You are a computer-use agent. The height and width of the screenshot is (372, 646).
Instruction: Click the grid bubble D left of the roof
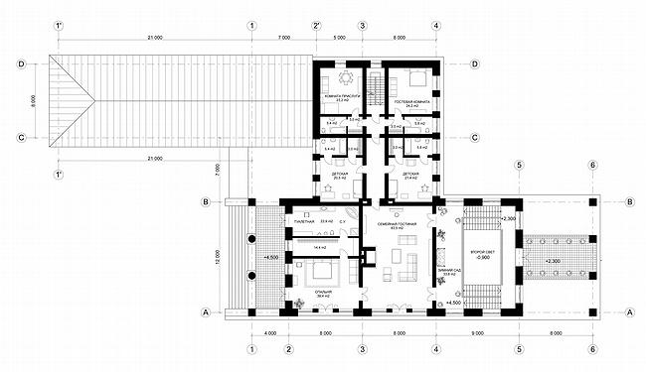coord(20,63)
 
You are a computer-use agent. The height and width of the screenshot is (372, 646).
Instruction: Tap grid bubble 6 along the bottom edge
coord(592,348)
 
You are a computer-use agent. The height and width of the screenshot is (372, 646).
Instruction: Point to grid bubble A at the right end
coord(629,311)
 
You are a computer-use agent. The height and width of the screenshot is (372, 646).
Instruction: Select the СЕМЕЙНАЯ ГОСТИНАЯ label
coord(398,228)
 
